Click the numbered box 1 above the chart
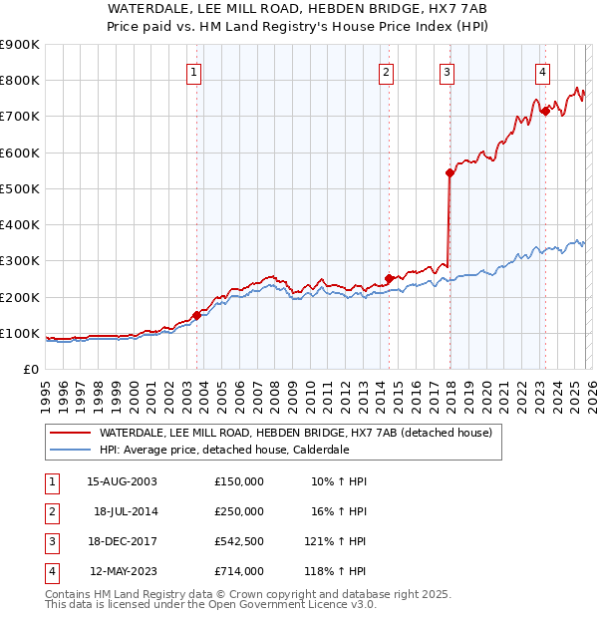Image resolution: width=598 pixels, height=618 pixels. pyautogui.click(x=193, y=72)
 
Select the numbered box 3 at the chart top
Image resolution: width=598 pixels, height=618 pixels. pyautogui.click(x=448, y=72)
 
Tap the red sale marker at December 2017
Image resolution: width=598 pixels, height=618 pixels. pyautogui.click(x=449, y=173)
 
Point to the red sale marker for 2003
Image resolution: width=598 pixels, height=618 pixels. pyautogui.click(x=196, y=315)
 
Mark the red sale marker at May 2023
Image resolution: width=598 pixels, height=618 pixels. pyautogui.click(x=544, y=112)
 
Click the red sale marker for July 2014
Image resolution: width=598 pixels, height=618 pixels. pyautogui.click(x=389, y=279)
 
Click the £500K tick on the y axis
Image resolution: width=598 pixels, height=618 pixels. pyautogui.click(x=20, y=188)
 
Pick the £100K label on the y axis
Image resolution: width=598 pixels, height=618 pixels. pyautogui.click(x=20, y=333)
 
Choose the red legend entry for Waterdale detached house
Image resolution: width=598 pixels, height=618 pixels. pyautogui.click(x=295, y=434)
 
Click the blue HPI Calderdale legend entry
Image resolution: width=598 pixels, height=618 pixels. pyautogui.click(x=223, y=451)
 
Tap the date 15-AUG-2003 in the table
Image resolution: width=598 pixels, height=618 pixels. pyautogui.click(x=122, y=481)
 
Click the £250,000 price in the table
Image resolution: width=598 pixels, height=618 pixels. pyautogui.click(x=238, y=510)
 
